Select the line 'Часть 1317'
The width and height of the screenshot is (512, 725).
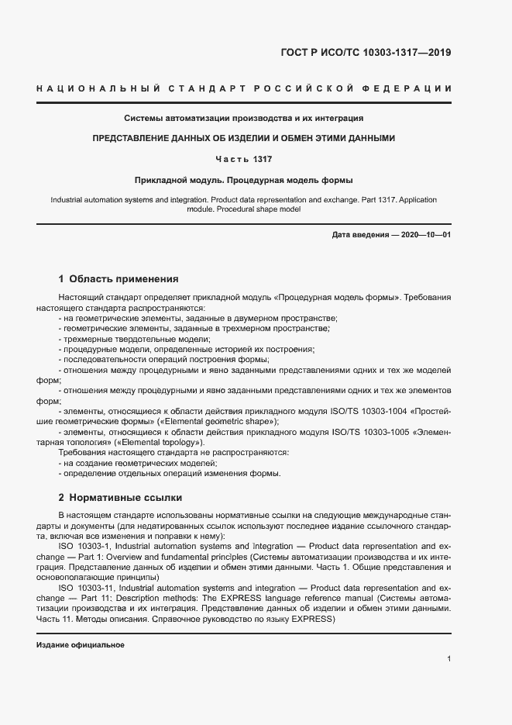(x=244, y=159)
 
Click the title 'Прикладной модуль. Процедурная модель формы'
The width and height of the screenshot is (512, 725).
(x=244, y=180)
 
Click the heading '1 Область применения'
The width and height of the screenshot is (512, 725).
(x=119, y=278)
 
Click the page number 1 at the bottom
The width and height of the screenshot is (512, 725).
(x=449, y=659)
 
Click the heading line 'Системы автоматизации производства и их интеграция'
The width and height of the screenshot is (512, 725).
(x=244, y=119)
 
